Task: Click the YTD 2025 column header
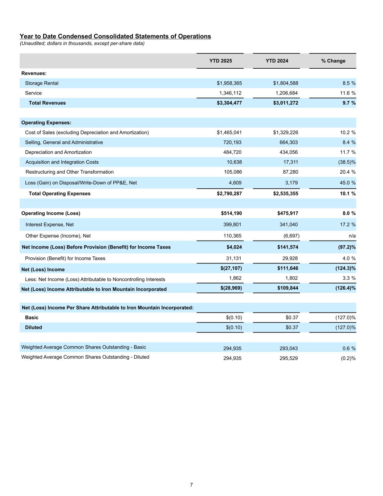pyautogui.click(x=220, y=61)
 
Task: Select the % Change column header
pyautogui.click(x=333, y=61)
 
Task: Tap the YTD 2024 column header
pyautogui.click(x=277, y=61)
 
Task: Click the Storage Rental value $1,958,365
pyautogui.click(x=229, y=83)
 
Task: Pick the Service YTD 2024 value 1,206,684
pyautogui.click(x=286, y=93)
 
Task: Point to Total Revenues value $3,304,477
pyautogui.click(x=229, y=103)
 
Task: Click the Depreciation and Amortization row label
pyautogui.click(x=58, y=152)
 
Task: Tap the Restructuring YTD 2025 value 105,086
pyautogui.click(x=232, y=172)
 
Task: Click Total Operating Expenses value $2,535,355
pyautogui.click(x=285, y=194)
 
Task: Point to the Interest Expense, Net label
pyautogui.click(x=49, y=225)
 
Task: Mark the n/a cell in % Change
pyautogui.click(x=352, y=236)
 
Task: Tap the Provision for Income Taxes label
pyautogui.click(x=65, y=258)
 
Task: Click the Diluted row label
pyautogui.click(x=33, y=327)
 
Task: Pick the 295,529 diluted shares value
pyautogui.click(x=289, y=358)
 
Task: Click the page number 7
pyautogui.click(x=191, y=485)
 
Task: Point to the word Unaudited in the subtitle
pyautogui.click(x=33, y=43)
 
